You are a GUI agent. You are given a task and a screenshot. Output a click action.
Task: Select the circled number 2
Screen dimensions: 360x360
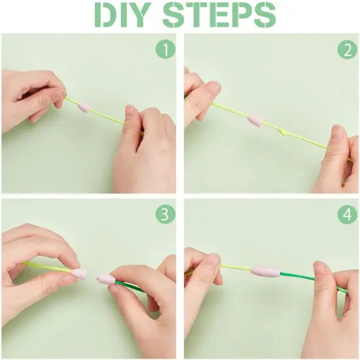346,50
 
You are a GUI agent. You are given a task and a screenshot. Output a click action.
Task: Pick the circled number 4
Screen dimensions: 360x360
346,213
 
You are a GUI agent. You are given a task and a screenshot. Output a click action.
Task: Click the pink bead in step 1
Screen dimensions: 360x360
84,107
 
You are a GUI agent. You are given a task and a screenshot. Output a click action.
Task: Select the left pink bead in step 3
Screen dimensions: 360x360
79,272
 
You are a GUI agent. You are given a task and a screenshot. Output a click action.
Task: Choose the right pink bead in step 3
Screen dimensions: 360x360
106,279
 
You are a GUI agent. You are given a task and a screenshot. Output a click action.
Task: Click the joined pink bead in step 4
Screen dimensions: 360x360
265,271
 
